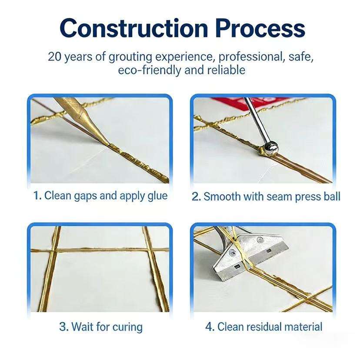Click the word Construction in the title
(133, 28)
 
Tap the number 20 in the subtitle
(55, 57)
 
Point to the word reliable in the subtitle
(226, 70)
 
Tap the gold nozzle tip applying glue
(107, 144)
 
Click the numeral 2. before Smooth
(196, 197)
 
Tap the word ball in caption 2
(332, 197)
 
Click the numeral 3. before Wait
(63, 327)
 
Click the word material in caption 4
(303, 327)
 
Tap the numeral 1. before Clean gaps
(37, 196)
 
